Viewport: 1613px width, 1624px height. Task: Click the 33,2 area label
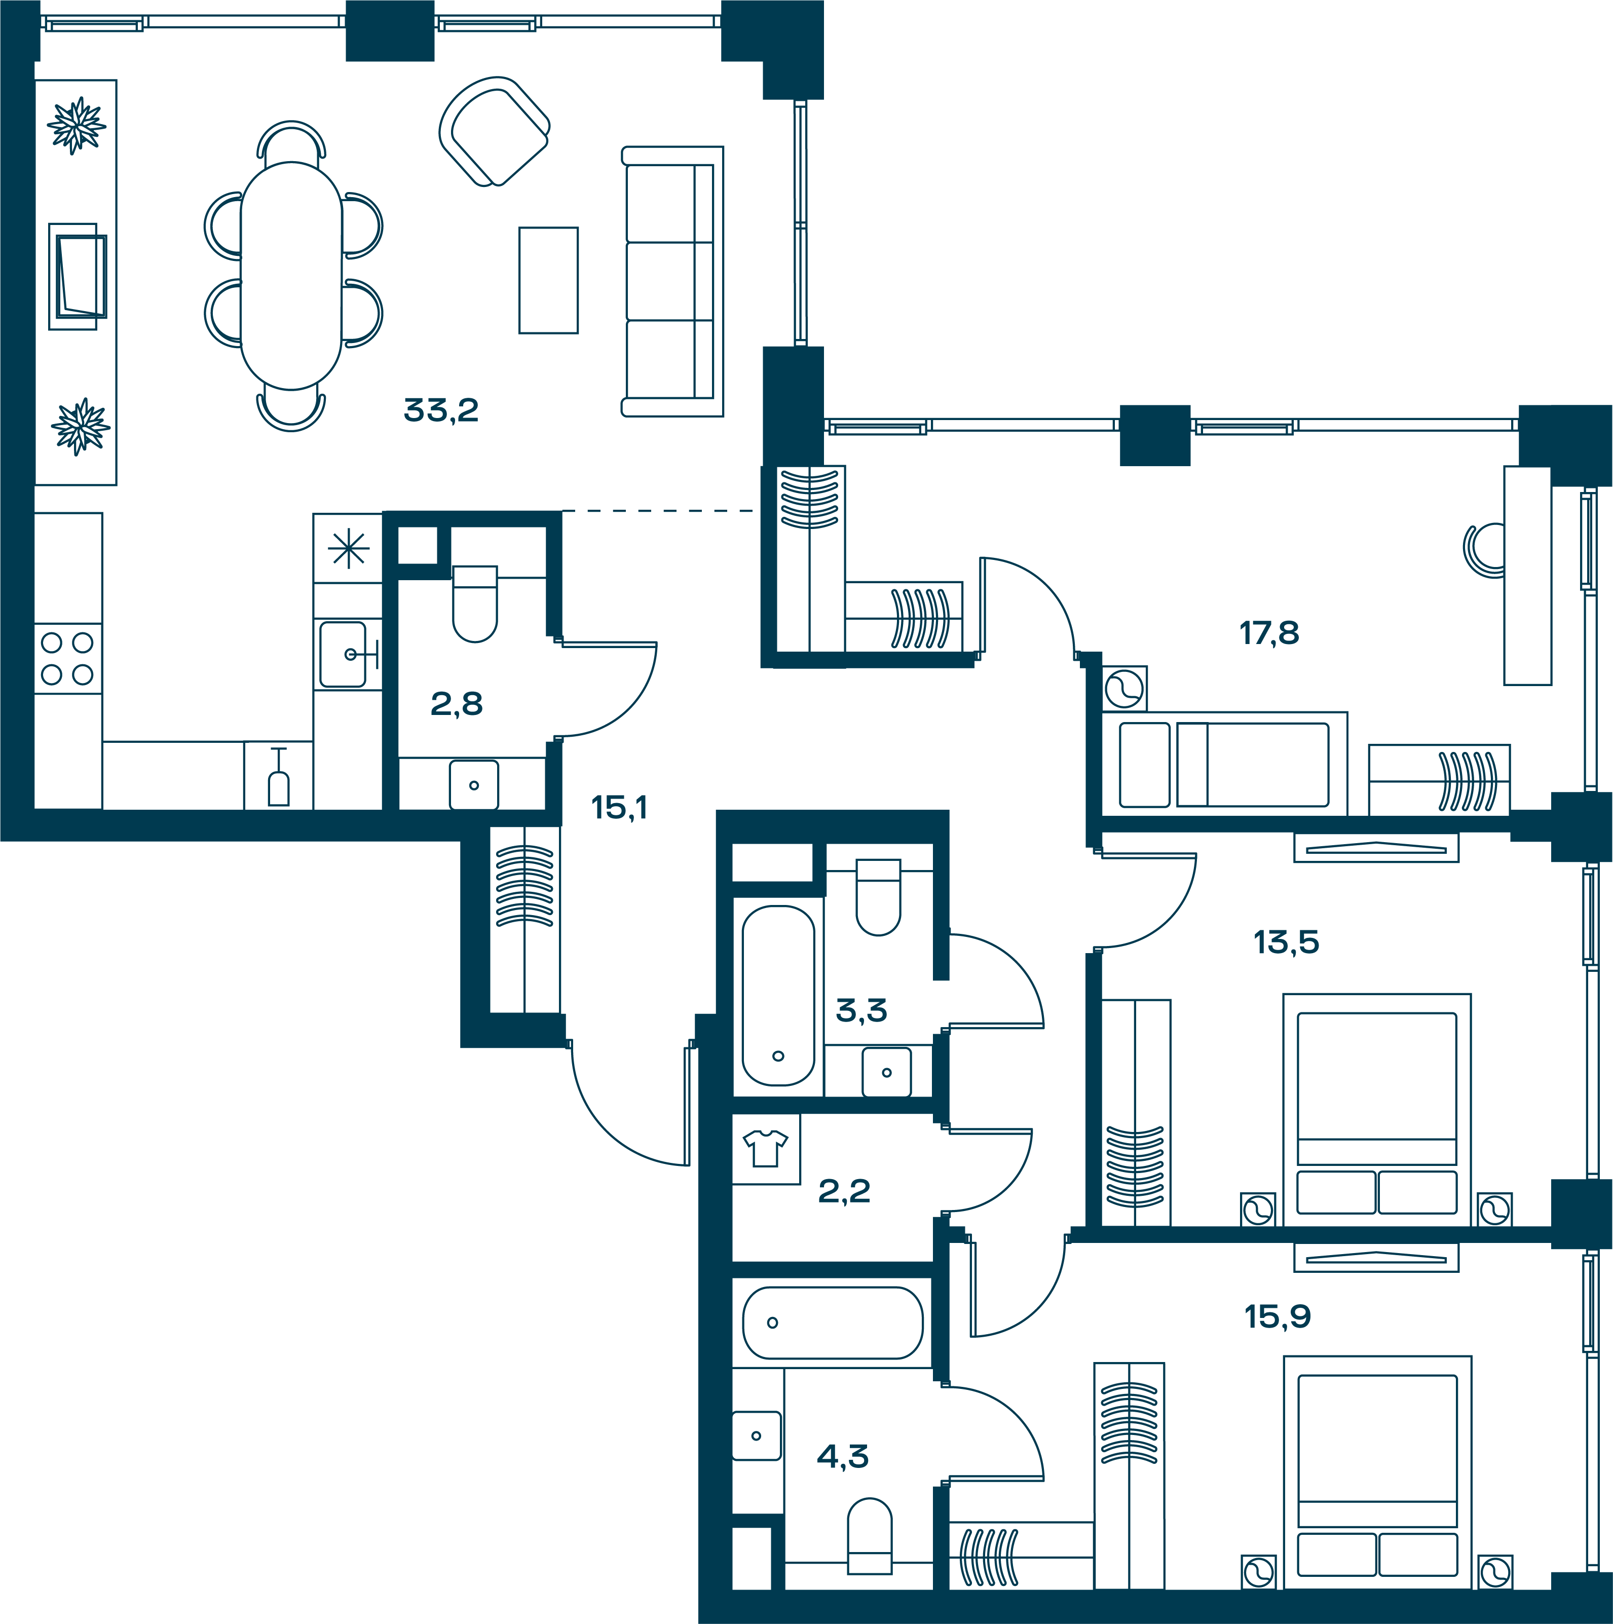pos(441,410)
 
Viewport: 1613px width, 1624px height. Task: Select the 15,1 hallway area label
pos(619,808)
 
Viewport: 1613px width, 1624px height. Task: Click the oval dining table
pos(291,276)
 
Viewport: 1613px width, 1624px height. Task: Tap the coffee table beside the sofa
pos(548,280)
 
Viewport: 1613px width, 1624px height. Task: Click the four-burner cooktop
pos(67,658)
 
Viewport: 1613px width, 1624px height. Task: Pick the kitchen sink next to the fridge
pos(345,654)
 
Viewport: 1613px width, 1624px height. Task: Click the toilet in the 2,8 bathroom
pos(475,603)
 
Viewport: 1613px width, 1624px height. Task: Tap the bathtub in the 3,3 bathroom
pos(778,995)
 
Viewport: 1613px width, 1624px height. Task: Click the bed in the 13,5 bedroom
pos(1377,1110)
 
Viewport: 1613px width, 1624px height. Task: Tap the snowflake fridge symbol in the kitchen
pos(348,549)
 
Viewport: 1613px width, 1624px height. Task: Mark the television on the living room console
pos(81,277)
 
